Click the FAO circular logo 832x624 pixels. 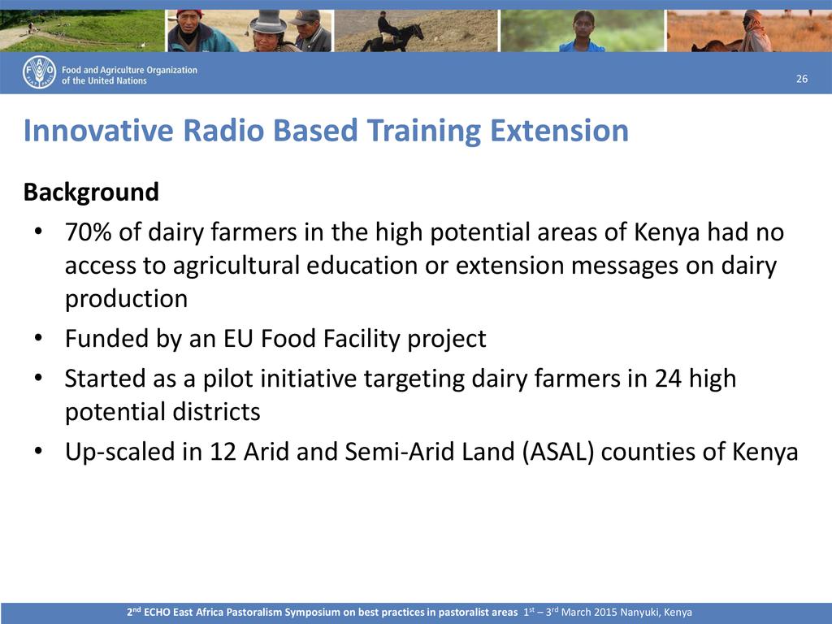39,72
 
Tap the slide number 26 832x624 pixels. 802,79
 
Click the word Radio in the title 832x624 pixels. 223,131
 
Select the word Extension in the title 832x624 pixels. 559,131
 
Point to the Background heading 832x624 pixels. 91,192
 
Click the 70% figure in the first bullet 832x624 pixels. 88,232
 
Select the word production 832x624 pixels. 126,299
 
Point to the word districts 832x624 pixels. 210,412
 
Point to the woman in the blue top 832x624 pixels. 582,32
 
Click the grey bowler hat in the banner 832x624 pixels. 268,21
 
